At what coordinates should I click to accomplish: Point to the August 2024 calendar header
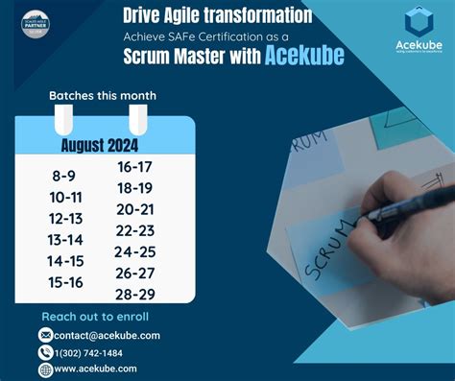coord(100,145)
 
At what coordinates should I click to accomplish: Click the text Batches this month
coord(103,95)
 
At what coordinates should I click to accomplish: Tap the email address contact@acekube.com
coord(108,335)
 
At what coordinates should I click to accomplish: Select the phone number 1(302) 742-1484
coord(101,352)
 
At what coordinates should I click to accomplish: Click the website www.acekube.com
coord(97,369)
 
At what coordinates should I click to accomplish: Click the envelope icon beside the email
coord(45,335)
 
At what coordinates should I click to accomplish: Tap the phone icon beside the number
coord(45,352)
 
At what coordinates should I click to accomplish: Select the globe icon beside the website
coord(45,369)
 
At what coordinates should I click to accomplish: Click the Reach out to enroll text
coord(95,317)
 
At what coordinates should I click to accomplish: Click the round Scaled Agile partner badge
coord(37,26)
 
